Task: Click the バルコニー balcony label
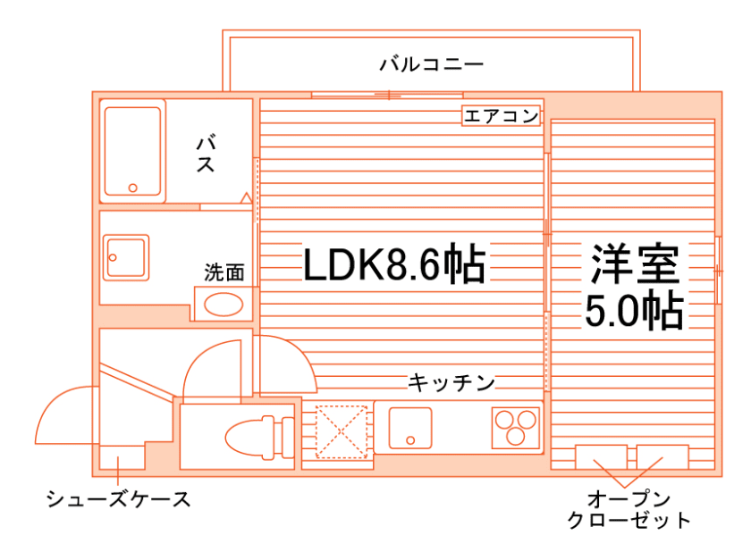click(x=431, y=64)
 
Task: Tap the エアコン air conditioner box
click(x=501, y=115)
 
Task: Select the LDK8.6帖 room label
click(x=394, y=263)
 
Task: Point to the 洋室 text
click(x=635, y=263)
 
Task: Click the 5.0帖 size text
click(x=635, y=311)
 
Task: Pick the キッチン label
click(x=451, y=383)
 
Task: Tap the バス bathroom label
click(x=207, y=154)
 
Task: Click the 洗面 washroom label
click(x=224, y=272)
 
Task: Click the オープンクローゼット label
click(x=629, y=509)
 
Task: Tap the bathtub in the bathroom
click(x=133, y=152)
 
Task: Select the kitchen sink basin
click(x=410, y=428)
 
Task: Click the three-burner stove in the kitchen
click(x=516, y=427)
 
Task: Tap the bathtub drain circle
click(x=133, y=188)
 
